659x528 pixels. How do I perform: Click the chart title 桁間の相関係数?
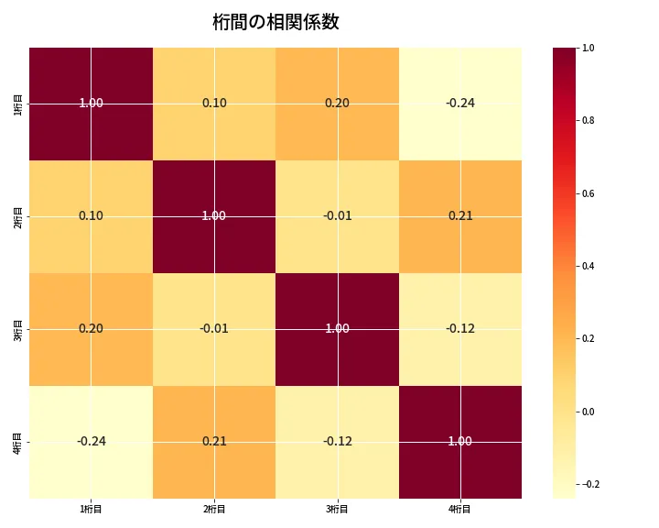(x=275, y=22)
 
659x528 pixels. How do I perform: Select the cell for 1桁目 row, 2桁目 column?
(x=214, y=103)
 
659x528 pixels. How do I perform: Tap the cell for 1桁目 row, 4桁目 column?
(x=460, y=103)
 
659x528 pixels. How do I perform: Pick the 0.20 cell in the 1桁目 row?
(x=337, y=103)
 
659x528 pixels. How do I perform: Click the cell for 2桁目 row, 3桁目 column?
(x=337, y=216)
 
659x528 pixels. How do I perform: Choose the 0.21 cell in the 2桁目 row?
(x=460, y=216)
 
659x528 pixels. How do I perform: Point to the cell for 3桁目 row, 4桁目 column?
(x=460, y=328)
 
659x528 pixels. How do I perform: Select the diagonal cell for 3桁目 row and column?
(x=337, y=328)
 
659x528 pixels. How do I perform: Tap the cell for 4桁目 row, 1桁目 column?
(x=92, y=441)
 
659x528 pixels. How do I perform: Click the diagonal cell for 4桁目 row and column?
(x=460, y=441)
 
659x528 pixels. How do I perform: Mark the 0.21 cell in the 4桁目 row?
(x=214, y=441)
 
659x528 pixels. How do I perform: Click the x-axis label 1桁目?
(x=92, y=509)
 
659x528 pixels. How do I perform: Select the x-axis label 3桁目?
(x=337, y=509)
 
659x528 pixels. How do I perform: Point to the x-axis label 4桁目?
(x=460, y=509)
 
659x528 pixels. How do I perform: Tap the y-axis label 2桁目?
(x=18, y=216)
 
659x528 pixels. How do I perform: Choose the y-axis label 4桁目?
(x=18, y=441)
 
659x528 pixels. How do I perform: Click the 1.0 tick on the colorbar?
(x=588, y=48)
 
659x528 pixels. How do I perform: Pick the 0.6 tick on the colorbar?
(x=588, y=193)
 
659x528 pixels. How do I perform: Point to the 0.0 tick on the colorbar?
(x=588, y=412)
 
